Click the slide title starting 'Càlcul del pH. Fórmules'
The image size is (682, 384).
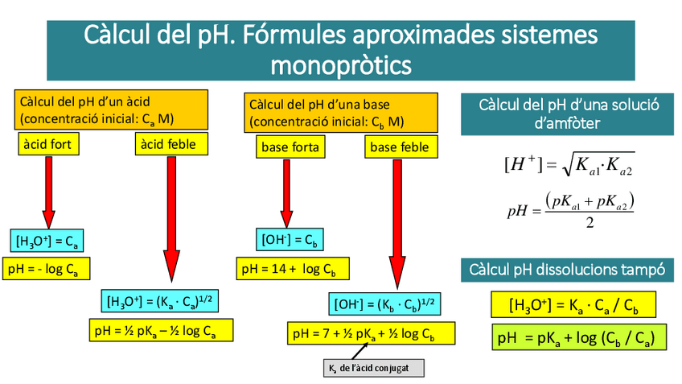(x=341, y=49)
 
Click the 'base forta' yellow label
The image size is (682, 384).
(x=290, y=147)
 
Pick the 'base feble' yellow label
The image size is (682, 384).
(x=399, y=147)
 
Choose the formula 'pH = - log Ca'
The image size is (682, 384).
(x=47, y=268)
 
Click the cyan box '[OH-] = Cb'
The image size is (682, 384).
(x=286, y=240)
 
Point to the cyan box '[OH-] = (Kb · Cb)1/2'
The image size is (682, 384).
(x=384, y=303)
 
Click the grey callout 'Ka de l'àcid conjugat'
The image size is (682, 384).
(x=372, y=368)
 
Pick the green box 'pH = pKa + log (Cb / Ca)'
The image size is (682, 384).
(x=579, y=337)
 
